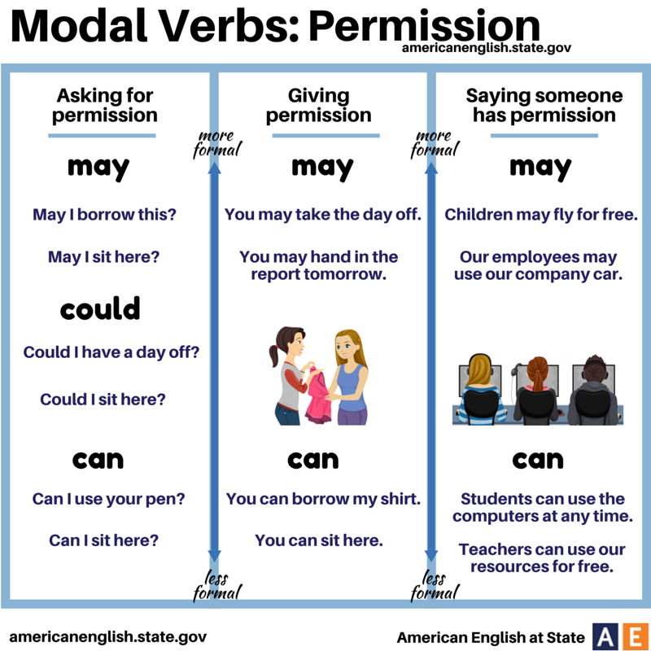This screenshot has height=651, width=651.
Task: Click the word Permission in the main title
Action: (424, 28)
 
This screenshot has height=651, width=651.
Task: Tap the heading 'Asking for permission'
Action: (105, 105)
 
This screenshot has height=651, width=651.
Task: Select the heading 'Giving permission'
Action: (318, 105)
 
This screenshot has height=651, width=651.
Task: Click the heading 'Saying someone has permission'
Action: (544, 105)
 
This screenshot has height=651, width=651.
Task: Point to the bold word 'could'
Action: (100, 309)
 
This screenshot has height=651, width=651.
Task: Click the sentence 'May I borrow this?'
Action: (104, 215)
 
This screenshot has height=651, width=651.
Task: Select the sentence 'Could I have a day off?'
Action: (111, 352)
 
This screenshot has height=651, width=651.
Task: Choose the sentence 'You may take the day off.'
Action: (323, 215)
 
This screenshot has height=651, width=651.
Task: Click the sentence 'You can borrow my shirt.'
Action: (323, 498)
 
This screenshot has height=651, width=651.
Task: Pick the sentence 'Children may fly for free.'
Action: (540, 215)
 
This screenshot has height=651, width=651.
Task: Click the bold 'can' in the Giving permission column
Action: (312, 461)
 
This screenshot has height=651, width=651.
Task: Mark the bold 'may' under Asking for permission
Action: (98, 168)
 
